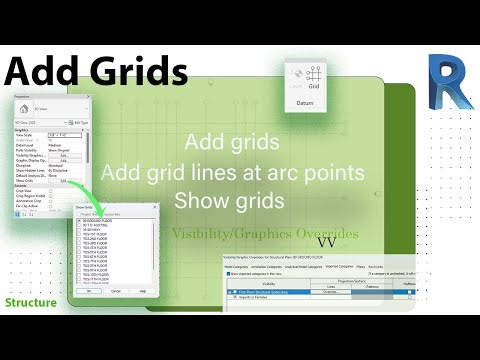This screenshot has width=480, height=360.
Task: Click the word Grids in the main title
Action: (138, 71)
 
